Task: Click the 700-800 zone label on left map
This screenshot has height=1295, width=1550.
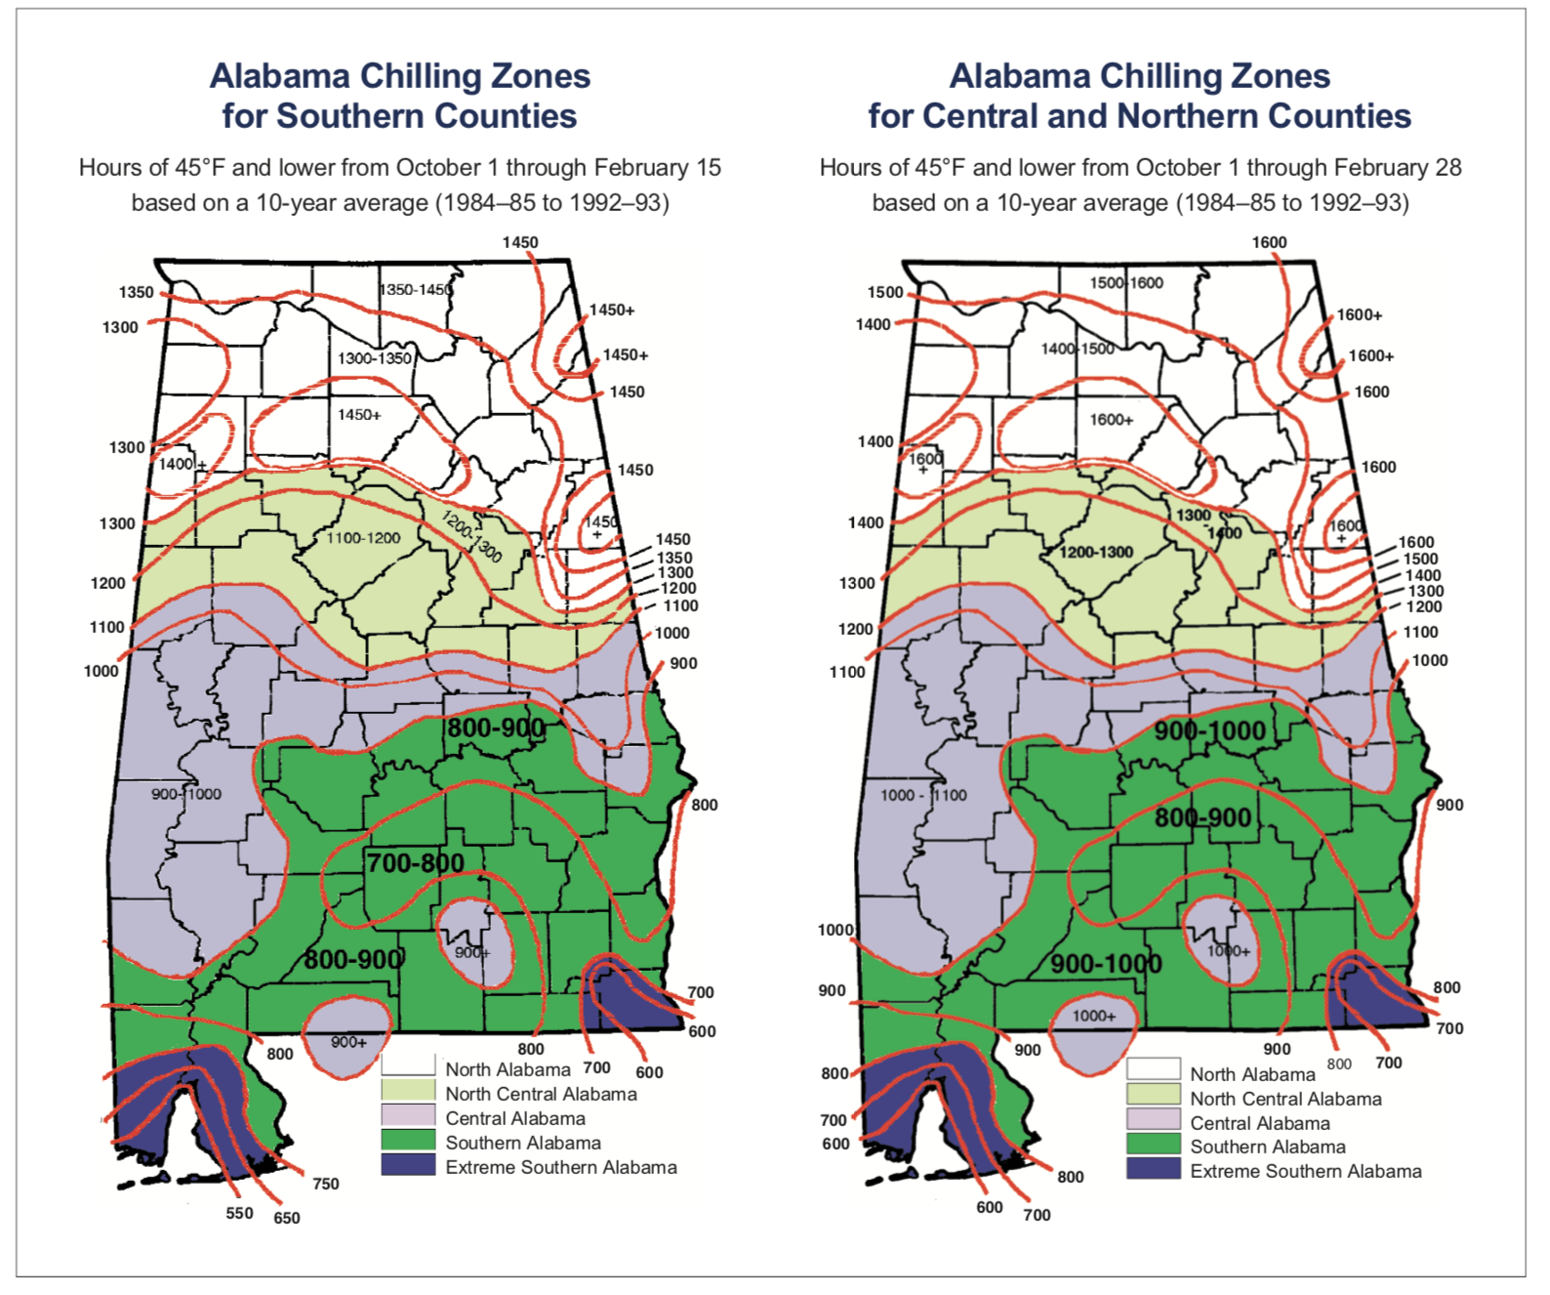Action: tap(416, 862)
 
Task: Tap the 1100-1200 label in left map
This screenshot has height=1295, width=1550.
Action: tap(363, 538)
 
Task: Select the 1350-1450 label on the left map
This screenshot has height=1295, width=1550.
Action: tap(417, 290)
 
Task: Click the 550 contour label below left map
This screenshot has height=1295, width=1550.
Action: tap(239, 1213)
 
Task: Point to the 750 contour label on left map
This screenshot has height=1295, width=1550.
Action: tap(326, 1184)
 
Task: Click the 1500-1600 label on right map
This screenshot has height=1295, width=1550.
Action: tap(1126, 283)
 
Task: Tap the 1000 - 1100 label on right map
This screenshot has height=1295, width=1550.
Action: tap(923, 795)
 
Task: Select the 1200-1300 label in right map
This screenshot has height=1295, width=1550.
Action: tap(1096, 552)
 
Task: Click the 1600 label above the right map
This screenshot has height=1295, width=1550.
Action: tap(1269, 242)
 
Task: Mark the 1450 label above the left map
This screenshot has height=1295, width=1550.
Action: tap(520, 242)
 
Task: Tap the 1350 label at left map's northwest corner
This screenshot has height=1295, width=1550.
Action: tap(137, 292)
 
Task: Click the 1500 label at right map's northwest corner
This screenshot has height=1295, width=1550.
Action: tap(885, 292)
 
